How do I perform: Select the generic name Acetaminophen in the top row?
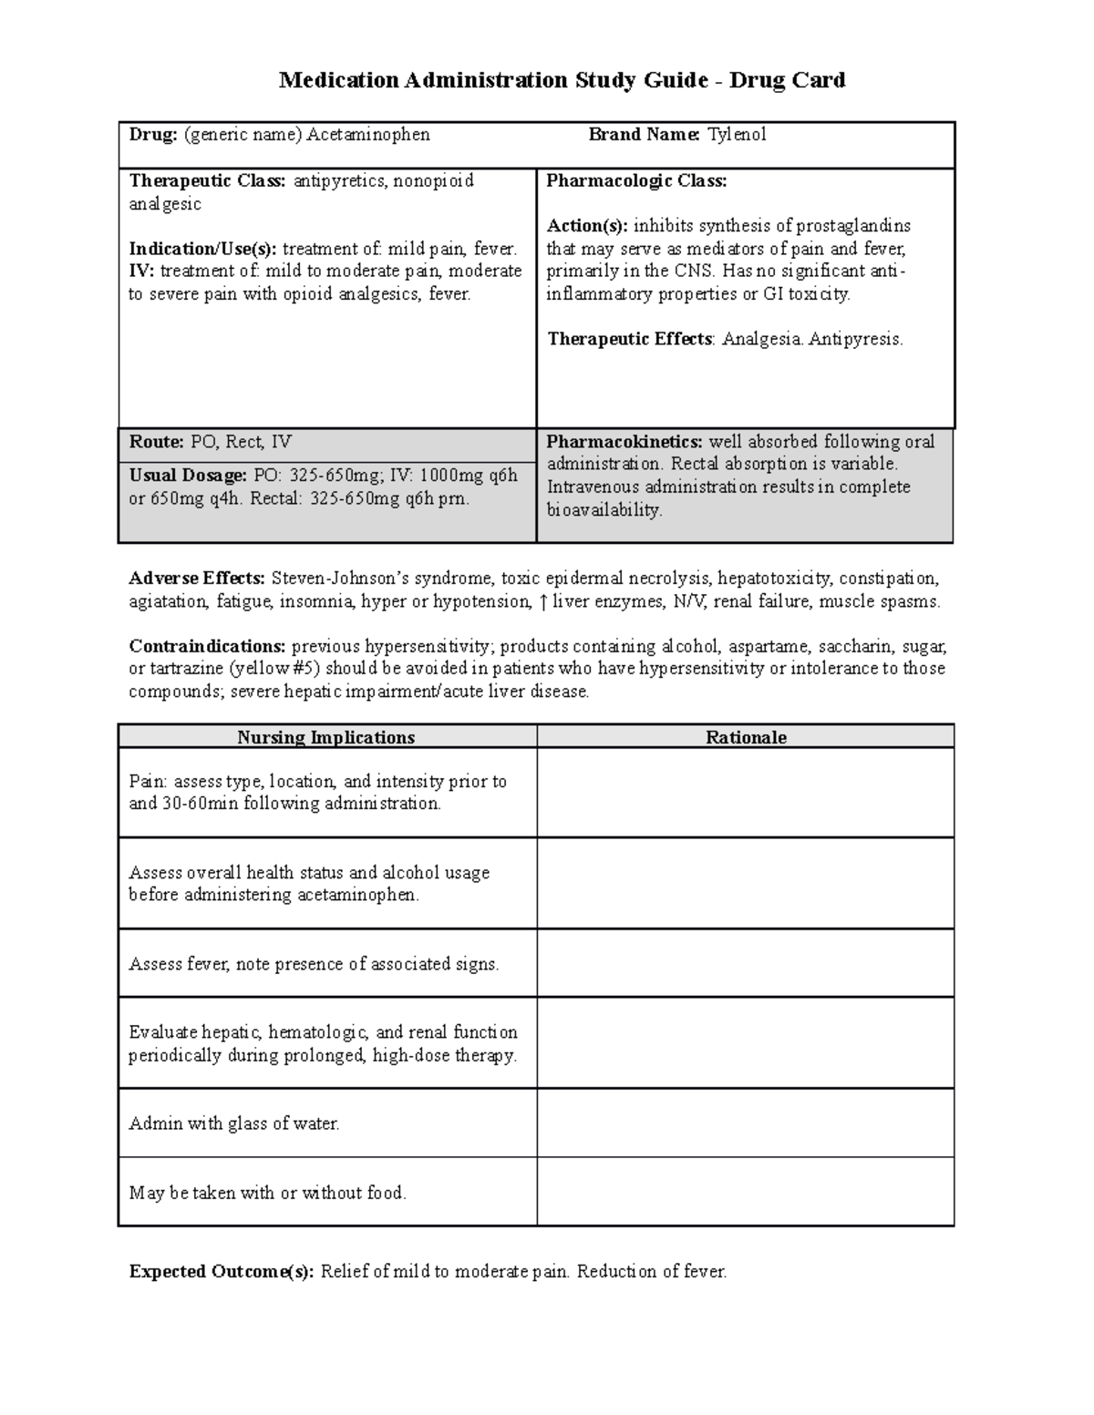click(x=368, y=135)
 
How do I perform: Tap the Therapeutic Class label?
click(x=208, y=180)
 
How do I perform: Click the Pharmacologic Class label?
click(x=636, y=180)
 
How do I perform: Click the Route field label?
click(x=157, y=442)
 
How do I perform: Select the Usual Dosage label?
click(x=188, y=476)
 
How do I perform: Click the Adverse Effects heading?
click(x=197, y=578)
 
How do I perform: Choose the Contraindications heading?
click(x=208, y=646)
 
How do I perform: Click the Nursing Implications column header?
click(x=325, y=737)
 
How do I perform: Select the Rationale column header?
click(x=746, y=737)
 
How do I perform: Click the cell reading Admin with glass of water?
click(x=234, y=1123)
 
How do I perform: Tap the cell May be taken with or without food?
click(x=267, y=1192)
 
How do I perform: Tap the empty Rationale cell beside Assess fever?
click(x=746, y=963)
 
